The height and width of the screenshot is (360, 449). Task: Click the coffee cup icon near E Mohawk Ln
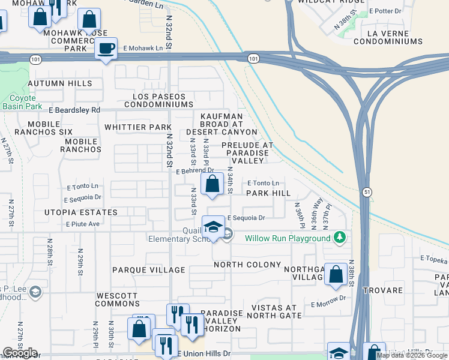pyautogui.click(x=106, y=49)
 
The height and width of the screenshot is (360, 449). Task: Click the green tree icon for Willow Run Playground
pyautogui.click(x=340, y=238)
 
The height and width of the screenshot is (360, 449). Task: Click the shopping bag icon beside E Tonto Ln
pyautogui.click(x=212, y=185)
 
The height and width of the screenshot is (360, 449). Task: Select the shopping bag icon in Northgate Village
pyautogui.click(x=336, y=274)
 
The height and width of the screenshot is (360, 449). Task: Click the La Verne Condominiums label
pyautogui.click(x=388, y=37)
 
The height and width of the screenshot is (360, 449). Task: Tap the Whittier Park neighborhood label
pyautogui.click(x=137, y=127)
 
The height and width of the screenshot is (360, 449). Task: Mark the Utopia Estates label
pyautogui.click(x=80, y=212)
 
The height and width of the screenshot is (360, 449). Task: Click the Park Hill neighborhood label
pyautogui.click(x=268, y=193)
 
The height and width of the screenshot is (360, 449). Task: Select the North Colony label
pyautogui.click(x=247, y=265)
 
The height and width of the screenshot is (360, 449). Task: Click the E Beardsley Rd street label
pyautogui.click(x=74, y=110)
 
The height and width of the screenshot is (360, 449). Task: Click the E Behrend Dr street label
pyautogui.click(x=186, y=171)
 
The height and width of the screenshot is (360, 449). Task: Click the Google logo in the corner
pyautogui.click(x=20, y=353)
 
